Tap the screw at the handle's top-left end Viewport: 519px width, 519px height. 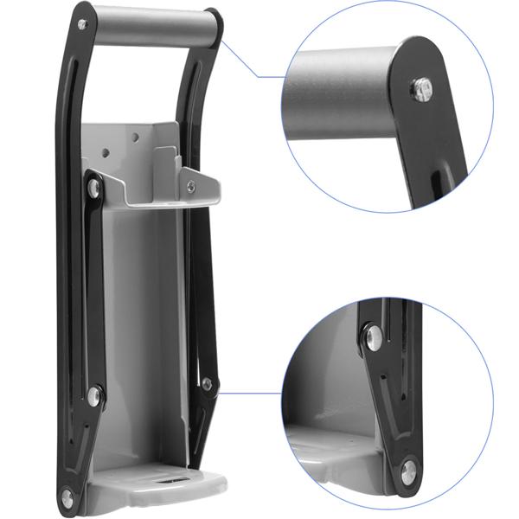(82, 24)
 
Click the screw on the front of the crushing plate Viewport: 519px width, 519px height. (190, 186)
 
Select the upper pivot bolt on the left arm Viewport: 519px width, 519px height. (93, 187)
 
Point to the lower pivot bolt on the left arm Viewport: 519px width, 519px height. (93, 396)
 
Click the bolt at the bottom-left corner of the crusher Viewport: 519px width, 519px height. (67, 497)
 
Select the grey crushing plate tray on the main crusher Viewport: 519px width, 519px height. (164, 195)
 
